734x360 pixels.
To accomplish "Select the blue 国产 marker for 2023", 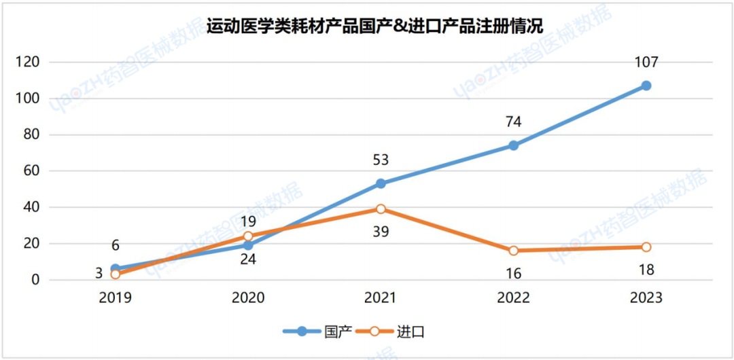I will point(646,86).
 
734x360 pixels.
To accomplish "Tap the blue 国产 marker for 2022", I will point(513,145).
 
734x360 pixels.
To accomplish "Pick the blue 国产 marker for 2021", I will point(381,183).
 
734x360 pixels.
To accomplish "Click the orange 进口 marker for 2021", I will point(381,209).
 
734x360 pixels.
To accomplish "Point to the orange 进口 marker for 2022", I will point(513,251).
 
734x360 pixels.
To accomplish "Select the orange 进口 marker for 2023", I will point(646,247).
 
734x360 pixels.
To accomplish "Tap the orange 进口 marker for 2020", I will point(248,236).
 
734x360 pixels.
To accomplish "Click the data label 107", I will point(646,62).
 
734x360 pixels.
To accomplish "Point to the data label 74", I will point(513,122).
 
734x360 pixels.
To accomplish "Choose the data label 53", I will point(381,160).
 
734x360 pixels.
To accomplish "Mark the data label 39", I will point(381,233).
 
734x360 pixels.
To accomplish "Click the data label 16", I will point(513,274).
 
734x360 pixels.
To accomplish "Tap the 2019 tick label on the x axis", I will point(116,298).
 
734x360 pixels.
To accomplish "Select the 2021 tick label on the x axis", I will point(381,298).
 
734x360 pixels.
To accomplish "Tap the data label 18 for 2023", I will point(646,270).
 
